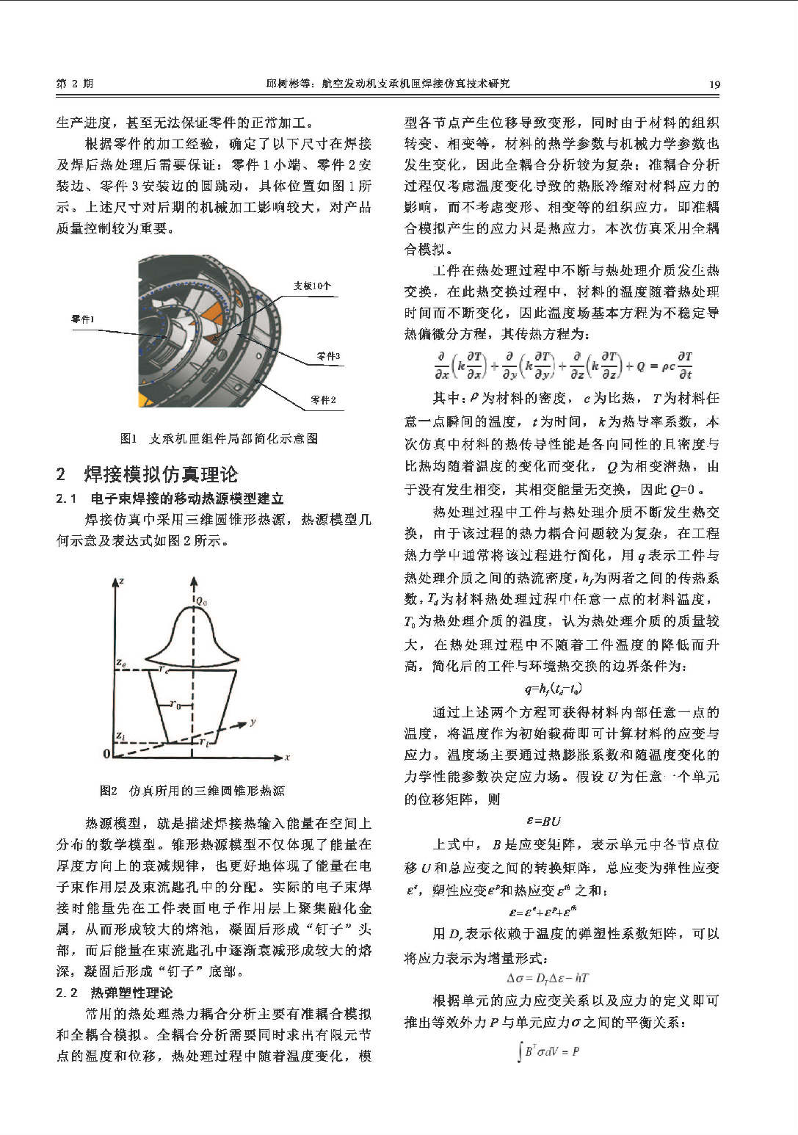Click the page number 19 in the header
[714, 84]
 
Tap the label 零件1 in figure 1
[82, 319]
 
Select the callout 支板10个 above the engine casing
[312, 286]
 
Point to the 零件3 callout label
[328, 357]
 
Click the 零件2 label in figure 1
[323, 400]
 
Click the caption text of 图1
[219, 438]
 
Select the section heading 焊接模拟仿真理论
[161, 474]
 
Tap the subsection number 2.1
[66, 499]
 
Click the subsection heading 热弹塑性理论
[131, 993]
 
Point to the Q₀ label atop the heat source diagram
[201, 601]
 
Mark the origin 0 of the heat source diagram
[106, 754]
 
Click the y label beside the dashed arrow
[253, 722]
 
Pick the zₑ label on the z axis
[120, 663]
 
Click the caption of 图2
[192, 791]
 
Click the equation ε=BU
[543, 822]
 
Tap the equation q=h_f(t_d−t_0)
[553, 689]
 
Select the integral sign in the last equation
[520, 1053]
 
